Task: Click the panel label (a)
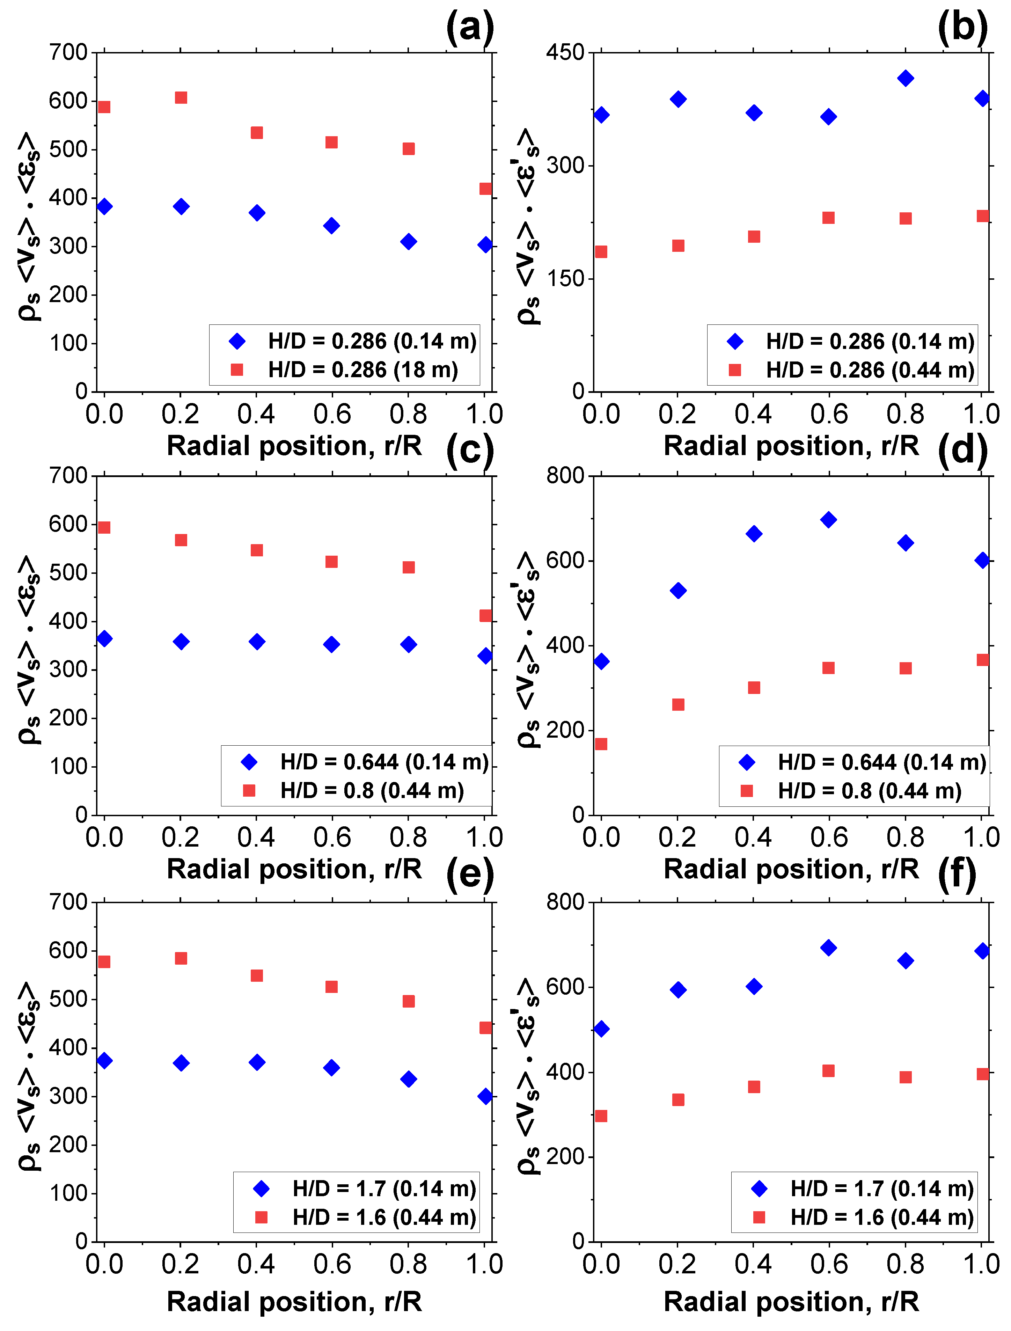coord(470,28)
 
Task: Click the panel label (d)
coord(962,450)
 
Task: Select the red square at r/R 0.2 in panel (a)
coord(181,97)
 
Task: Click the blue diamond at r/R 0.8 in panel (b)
coord(905,78)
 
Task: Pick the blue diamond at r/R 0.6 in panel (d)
coord(829,520)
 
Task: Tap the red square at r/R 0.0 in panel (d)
coord(601,744)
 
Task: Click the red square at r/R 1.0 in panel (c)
coord(486,616)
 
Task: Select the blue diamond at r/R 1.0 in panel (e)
coord(486,1096)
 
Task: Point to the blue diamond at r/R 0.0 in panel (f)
coord(601,1029)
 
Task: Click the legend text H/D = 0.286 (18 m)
coord(363,370)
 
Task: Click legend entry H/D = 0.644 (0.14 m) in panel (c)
coord(384,762)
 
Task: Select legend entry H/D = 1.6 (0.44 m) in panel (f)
coord(882,1217)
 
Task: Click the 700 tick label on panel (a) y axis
coord(68,52)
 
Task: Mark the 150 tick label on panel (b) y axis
coord(565,279)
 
